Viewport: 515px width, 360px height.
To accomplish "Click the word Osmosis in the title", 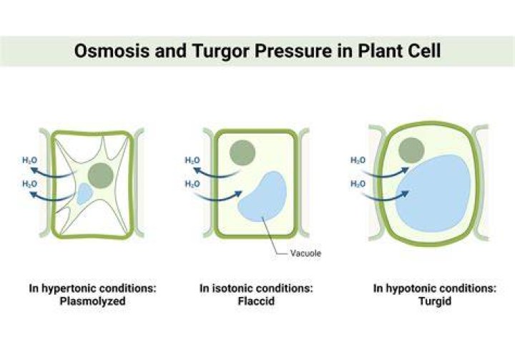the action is pos(112,51).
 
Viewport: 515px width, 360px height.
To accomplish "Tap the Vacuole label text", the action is pos(305,253).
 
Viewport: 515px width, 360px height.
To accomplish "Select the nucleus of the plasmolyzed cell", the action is pos(101,176).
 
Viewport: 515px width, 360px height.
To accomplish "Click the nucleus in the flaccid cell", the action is pos(242,153).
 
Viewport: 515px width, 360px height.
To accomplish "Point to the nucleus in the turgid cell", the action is pos(411,150).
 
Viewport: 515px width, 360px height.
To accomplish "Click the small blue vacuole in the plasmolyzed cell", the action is pos(84,194).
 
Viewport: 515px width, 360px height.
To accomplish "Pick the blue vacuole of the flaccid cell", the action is pos(262,197).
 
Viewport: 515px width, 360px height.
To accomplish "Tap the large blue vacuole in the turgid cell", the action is pos(433,193).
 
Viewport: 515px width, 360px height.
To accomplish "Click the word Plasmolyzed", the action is pos(92,301).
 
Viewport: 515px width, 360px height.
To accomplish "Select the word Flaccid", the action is pos(256,301).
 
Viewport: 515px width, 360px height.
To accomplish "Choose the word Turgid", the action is pos(435,301).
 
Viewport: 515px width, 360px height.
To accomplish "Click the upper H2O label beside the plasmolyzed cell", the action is pos(29,160).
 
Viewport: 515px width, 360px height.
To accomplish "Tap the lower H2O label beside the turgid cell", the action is pos(358,184).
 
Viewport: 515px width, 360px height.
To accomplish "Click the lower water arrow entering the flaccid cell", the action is pos(217,198).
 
